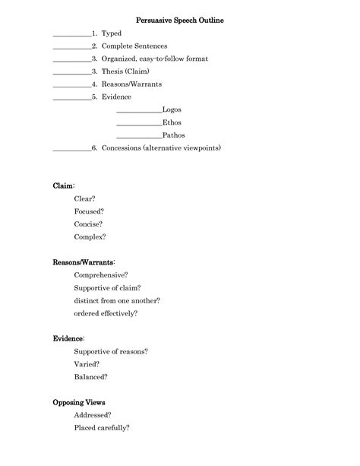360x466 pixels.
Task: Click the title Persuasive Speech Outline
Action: point(180,20)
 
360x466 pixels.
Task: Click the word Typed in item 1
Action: point(112,33)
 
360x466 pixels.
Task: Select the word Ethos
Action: point(172,122)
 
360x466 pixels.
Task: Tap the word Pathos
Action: point(173,135)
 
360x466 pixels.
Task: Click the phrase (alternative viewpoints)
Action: point(182,147)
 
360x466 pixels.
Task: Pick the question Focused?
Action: point(90,211)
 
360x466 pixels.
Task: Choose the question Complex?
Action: point(90,236)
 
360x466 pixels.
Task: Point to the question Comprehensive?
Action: point(101,274)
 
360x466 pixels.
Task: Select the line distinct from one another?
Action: point(117,300)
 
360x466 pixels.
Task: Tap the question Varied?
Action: point(87,363)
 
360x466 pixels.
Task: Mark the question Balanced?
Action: point(91,376)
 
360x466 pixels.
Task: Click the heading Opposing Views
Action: point(79,401)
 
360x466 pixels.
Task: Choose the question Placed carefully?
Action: point(102,427)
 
